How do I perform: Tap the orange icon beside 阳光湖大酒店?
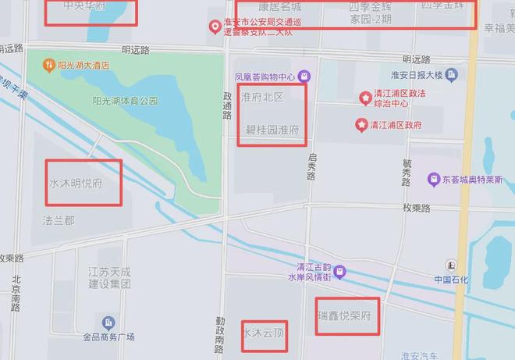pyautogui.click(x=49, y=66)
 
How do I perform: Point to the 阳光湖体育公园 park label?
pyautogui.click(x=125, y=101)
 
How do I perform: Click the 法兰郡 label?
pyautogui.click(x=59, y=221)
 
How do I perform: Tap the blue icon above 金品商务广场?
pyautogui.click(x=108, y=323)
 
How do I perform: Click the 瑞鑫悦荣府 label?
pyautogui.click(x=349, y=317)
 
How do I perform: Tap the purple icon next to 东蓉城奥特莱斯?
pyautogui.click(x=434, y=180)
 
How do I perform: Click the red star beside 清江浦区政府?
pyautogui.click(x=361, y=124)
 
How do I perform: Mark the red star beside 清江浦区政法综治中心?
pyautogui.click(x=364, y=97)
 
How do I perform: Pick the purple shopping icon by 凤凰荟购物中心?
pyautogui.click(x=304, y=77)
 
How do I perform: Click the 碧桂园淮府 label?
pyautogui.click(x=272, y=130)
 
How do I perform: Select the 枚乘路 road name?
pyautogui.click(x=417, y=208)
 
